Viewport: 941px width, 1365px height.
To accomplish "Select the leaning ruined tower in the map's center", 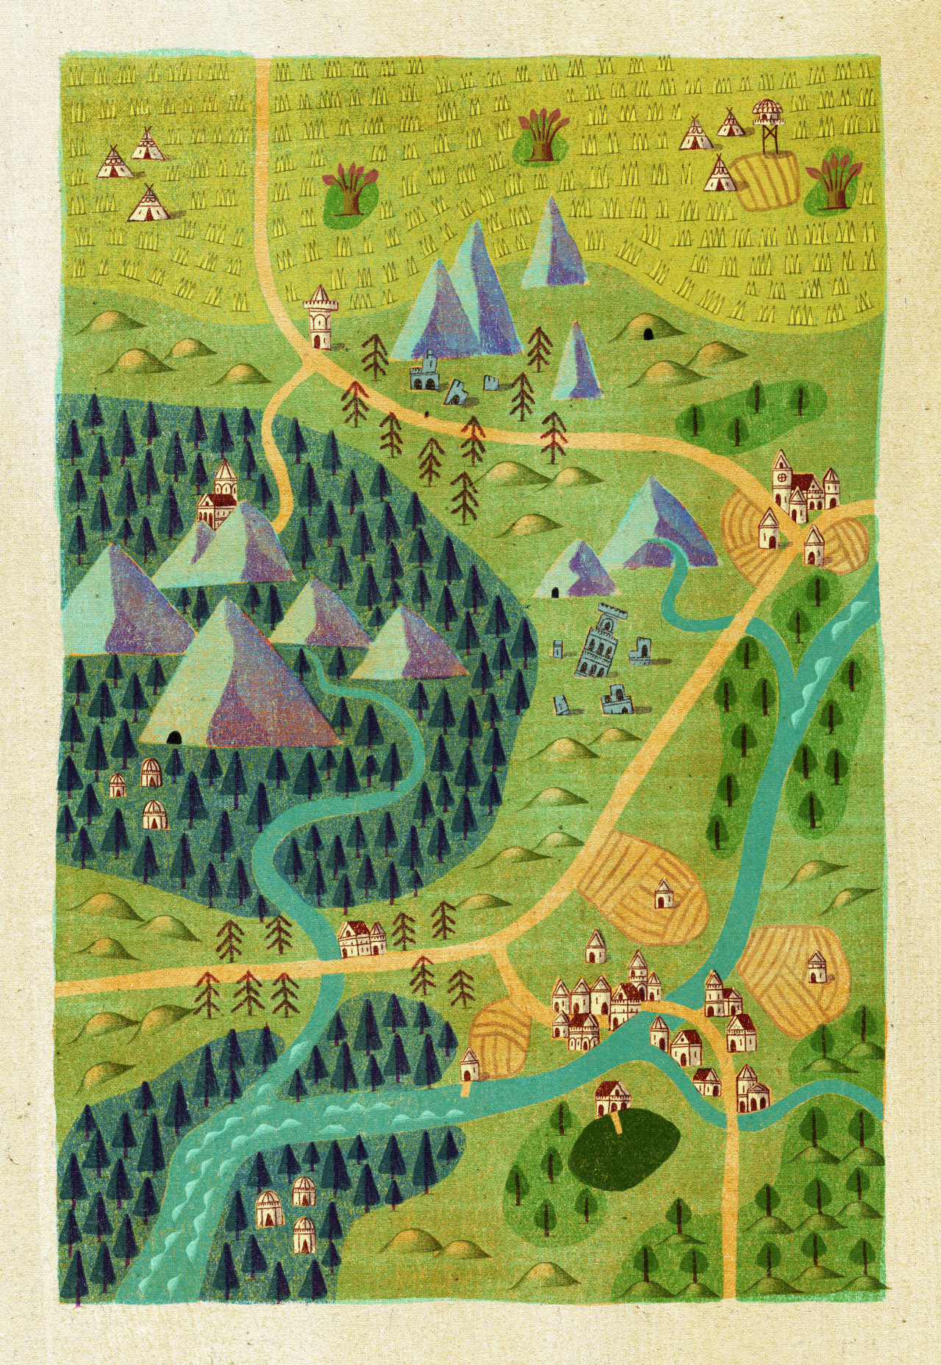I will pos(596,639).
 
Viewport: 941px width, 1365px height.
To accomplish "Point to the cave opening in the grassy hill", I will pos(648,334).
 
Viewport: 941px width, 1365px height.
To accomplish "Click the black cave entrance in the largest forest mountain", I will pos(173,737).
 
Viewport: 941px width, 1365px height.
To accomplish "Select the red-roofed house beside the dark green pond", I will pos(614,1098).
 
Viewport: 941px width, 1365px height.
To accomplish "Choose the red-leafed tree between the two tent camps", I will pos(349,189).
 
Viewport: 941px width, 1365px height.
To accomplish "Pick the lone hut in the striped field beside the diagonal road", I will pos(662,893).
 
